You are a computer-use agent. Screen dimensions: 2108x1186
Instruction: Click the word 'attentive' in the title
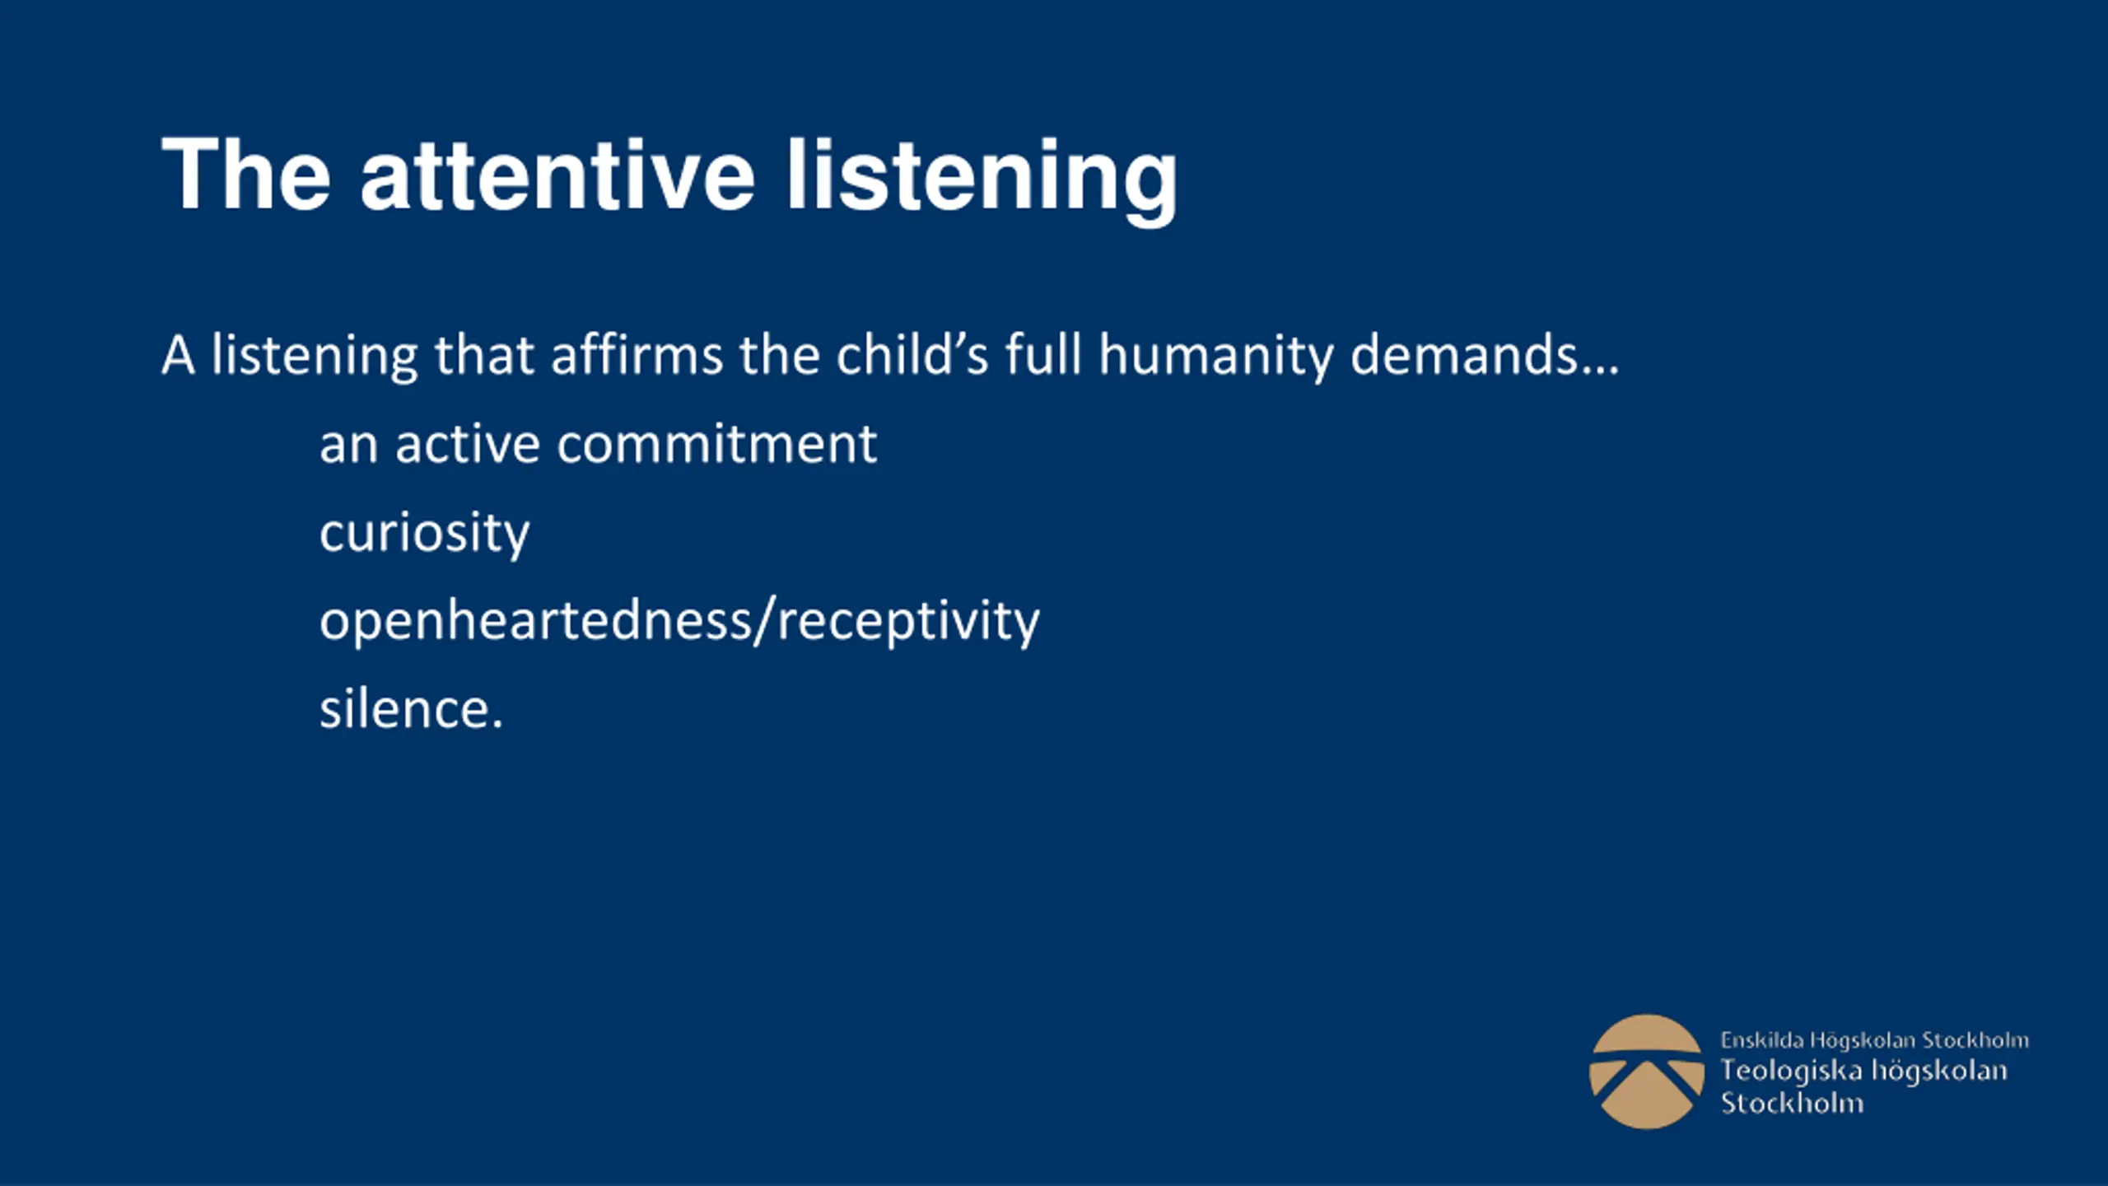tap(557, 175)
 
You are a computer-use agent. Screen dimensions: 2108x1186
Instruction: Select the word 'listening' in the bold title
tap(982, 180)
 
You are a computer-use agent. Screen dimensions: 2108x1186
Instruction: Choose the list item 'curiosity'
tap(425, 535)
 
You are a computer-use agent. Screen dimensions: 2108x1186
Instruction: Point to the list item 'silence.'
tap(411, 708)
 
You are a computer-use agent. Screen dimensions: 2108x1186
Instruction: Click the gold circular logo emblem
tap(1646, 1072)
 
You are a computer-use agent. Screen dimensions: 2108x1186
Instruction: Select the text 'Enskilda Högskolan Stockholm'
tap(1874, 1041)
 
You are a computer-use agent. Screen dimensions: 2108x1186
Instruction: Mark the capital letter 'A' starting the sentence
tap(178, 356)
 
